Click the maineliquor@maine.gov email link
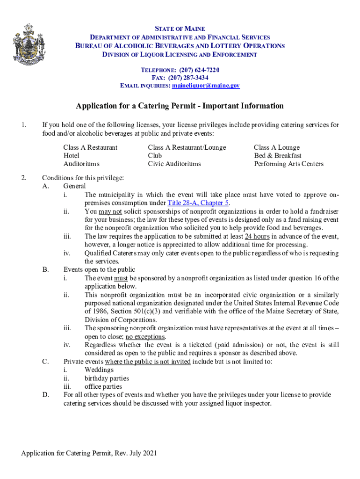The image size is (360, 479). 206,86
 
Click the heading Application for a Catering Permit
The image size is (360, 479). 180,106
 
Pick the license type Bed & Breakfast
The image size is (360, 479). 278,156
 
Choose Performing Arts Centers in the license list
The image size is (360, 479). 288,164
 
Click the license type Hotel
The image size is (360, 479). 72,156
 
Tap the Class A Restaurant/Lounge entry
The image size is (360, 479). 187,147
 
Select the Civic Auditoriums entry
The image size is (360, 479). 174,164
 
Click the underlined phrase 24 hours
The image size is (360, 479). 257,236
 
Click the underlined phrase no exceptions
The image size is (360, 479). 145,337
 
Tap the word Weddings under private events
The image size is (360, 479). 99,370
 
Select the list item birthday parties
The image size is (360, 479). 107,378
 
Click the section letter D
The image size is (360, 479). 46,395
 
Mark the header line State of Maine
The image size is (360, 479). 180,29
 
